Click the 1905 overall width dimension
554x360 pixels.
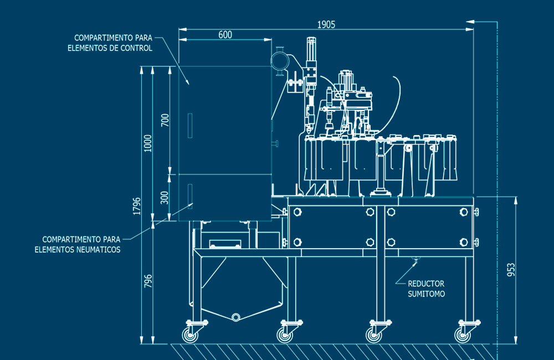tap(326, 24)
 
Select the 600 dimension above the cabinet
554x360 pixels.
tap(225, 35)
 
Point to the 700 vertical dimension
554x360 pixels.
tap(165, 120)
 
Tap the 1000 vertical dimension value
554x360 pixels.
tap(147, 144)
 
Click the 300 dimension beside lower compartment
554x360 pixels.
tap(165, 197)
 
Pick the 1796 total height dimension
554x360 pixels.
tap(136, 205)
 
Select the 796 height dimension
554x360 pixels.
tap(148, 281)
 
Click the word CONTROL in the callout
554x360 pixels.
tap(138, 48)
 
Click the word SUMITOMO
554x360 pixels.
tap(427, 294)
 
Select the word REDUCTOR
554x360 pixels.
tap(426, 284)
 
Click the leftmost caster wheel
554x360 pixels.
tap(192, 335)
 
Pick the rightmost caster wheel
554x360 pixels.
tap(461, 335)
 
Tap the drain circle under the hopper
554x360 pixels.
tap(236, 317)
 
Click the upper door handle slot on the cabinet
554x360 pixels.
tap(189, 126)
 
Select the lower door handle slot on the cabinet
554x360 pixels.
tap(189, 196)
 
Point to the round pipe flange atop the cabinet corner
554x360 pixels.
tap(280, 60)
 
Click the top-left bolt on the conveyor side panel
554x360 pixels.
tap(298, 212)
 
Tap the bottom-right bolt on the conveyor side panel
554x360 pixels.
tap(463, 242)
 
